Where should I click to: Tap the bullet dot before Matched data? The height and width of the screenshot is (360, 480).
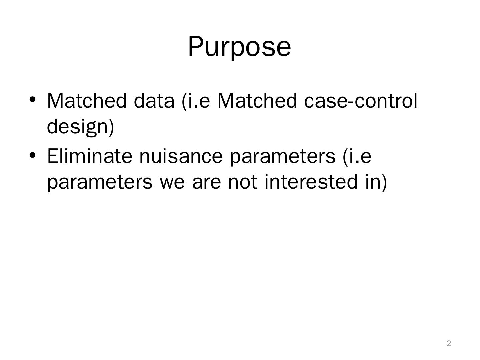click(32, 100)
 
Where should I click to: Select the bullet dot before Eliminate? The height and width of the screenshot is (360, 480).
click(32, 155)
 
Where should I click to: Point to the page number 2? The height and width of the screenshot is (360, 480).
click(449, 343)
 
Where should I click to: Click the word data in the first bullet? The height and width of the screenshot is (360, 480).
click(154, 101)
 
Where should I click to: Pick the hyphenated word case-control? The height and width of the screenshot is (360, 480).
click(361, 101)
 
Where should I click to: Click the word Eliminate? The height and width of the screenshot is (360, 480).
click(90, 156)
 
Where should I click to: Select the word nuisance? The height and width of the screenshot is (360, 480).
click(181, 156)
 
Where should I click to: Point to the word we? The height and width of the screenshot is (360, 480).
click(172, 182)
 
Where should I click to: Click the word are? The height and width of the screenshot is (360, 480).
click(206, 182)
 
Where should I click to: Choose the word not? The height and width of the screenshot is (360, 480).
click(242, 182)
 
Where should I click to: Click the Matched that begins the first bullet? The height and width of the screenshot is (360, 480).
click(87, 101)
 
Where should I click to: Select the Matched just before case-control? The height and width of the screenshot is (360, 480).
click(257, 101)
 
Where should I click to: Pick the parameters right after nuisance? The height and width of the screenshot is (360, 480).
click(283, 157)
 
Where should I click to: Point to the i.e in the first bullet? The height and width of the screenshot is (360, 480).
click(196, 101)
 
